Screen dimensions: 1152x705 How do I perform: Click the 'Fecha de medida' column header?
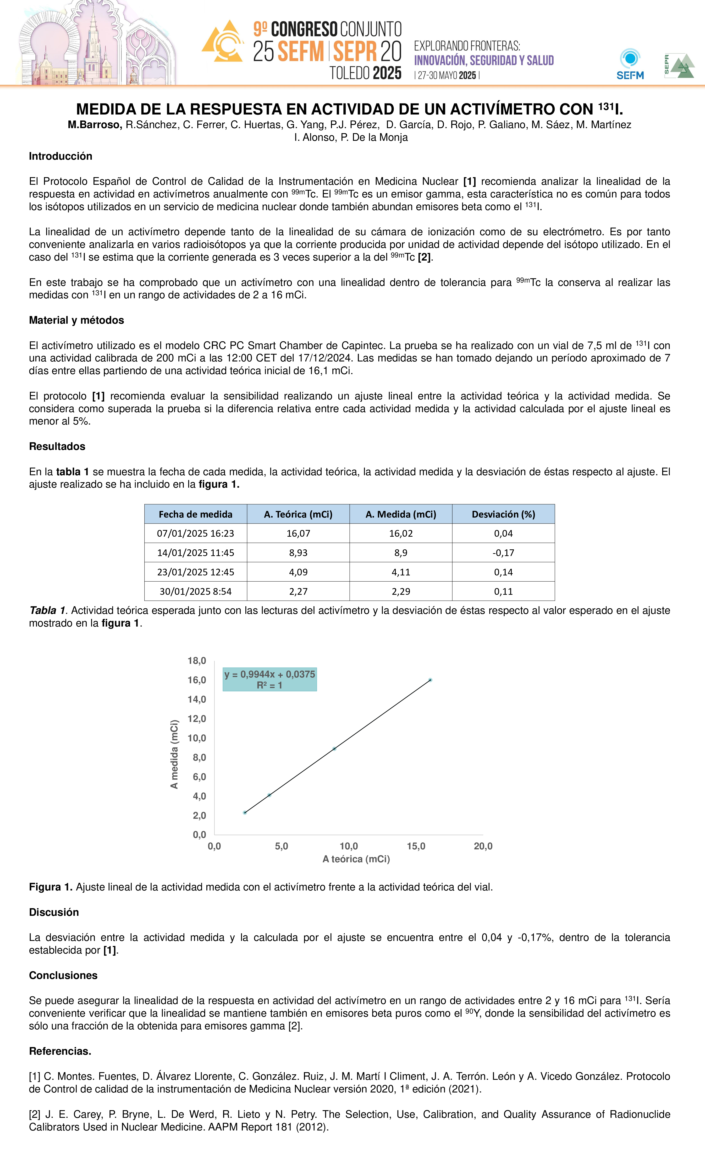pos(196,514)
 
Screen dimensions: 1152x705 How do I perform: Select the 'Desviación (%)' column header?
pos(503,514)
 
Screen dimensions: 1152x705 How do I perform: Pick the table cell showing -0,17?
pos(503,553)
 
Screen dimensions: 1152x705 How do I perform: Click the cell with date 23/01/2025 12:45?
pos(196,572)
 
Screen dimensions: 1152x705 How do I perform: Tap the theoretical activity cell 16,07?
pos(298,534)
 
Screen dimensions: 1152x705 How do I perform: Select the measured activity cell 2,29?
pos(401,591)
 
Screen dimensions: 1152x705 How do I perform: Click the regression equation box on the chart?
pos(270,679)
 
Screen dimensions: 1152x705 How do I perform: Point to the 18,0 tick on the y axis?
pos(197,661)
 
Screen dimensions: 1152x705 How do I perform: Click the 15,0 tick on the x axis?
pos(416,846)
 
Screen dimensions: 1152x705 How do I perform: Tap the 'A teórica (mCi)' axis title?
pos(356,859)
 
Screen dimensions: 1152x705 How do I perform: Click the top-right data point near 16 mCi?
pos(430,680)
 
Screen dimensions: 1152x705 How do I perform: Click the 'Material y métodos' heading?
pos(76,320)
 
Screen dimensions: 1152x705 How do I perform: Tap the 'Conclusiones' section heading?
pos(63,975)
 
